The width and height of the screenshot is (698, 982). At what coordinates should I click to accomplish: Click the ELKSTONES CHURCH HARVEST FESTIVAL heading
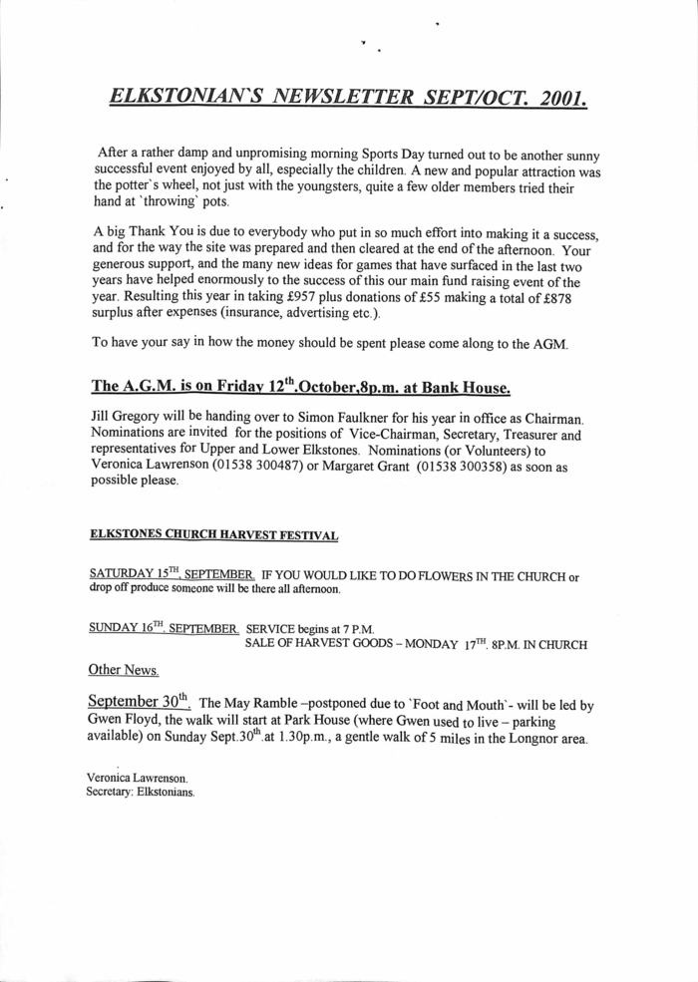tap(214, 535)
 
